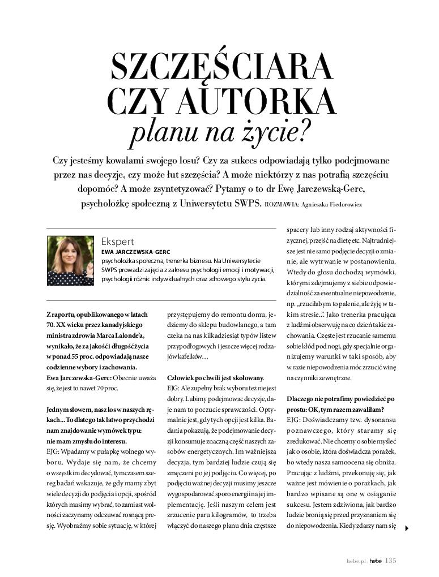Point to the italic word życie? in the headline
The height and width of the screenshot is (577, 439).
[x=279, y=131]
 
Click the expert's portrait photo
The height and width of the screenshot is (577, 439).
[x=70, y=260]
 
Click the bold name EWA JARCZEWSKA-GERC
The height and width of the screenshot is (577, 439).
[x=135, y=252]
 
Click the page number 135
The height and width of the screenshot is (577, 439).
[x=390, y=561]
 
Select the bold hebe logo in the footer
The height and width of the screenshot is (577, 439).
[x=376, y=561]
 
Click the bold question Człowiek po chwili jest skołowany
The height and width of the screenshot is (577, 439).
[x=215, y=377]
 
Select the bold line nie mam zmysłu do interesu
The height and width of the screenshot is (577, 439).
[x=87, y=441]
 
